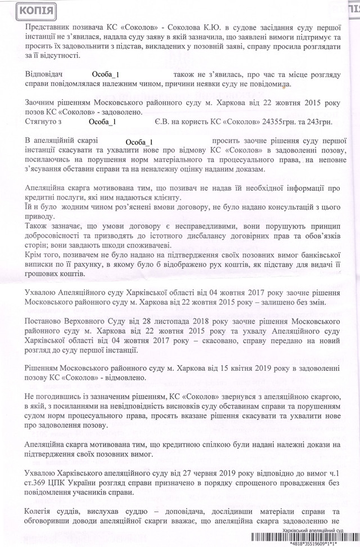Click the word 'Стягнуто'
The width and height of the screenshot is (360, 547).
(43, 121)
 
